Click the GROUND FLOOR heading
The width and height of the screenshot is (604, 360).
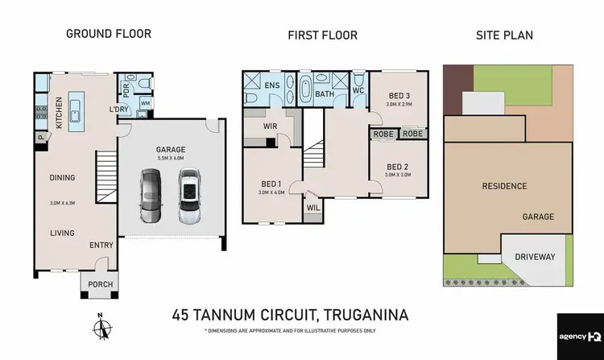point(108,34)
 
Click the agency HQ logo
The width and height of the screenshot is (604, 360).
point(578,335)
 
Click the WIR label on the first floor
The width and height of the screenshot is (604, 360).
point(271,126)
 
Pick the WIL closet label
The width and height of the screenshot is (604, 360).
point(312,208)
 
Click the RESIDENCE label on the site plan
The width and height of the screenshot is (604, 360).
point(504,186)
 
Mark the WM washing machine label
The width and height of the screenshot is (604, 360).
point(145,103)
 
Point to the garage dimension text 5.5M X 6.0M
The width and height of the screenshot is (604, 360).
point(171,159)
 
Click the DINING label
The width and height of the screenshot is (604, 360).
point(62,178)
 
